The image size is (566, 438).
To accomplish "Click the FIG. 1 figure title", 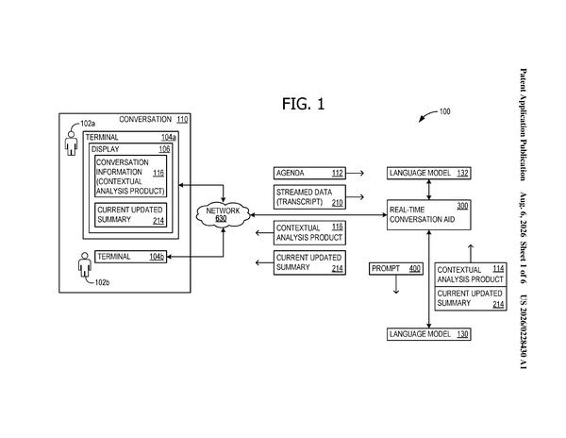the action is (x=303, y=104).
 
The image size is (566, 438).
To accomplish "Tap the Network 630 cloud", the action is (x=223, y=214).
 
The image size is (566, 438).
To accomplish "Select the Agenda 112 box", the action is (x=309, y=174).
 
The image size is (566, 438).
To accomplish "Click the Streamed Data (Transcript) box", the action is (x=309, y=197).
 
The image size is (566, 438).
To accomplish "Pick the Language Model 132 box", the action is (x=429, y=174).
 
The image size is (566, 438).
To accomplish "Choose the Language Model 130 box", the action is (x=429, y=334).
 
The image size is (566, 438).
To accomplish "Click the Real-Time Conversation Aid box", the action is (x=429, y=215).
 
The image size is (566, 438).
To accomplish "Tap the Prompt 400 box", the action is (x=396, y=269).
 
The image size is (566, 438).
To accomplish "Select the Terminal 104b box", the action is (x=131, y=257).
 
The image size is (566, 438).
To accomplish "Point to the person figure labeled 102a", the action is (x=71, y=143).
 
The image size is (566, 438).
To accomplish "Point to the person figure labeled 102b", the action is (x=85, y=264).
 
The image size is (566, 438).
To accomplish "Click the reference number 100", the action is (x=444, y=111).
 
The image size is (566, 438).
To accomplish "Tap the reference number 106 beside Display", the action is (x=164, y=149).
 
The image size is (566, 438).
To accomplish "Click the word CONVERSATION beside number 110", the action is (x=145, y=120).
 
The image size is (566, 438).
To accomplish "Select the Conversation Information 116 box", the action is (x=131, y=177).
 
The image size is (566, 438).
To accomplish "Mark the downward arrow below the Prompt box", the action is (x=396, y=284).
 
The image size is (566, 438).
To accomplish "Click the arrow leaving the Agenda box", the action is (x=355, y=174).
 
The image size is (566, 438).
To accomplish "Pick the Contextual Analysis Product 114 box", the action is (x=471, y=275).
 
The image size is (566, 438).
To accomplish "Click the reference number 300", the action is (x=462, y=206).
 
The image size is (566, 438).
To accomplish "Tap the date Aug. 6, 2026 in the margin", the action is (x=523, y=214).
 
